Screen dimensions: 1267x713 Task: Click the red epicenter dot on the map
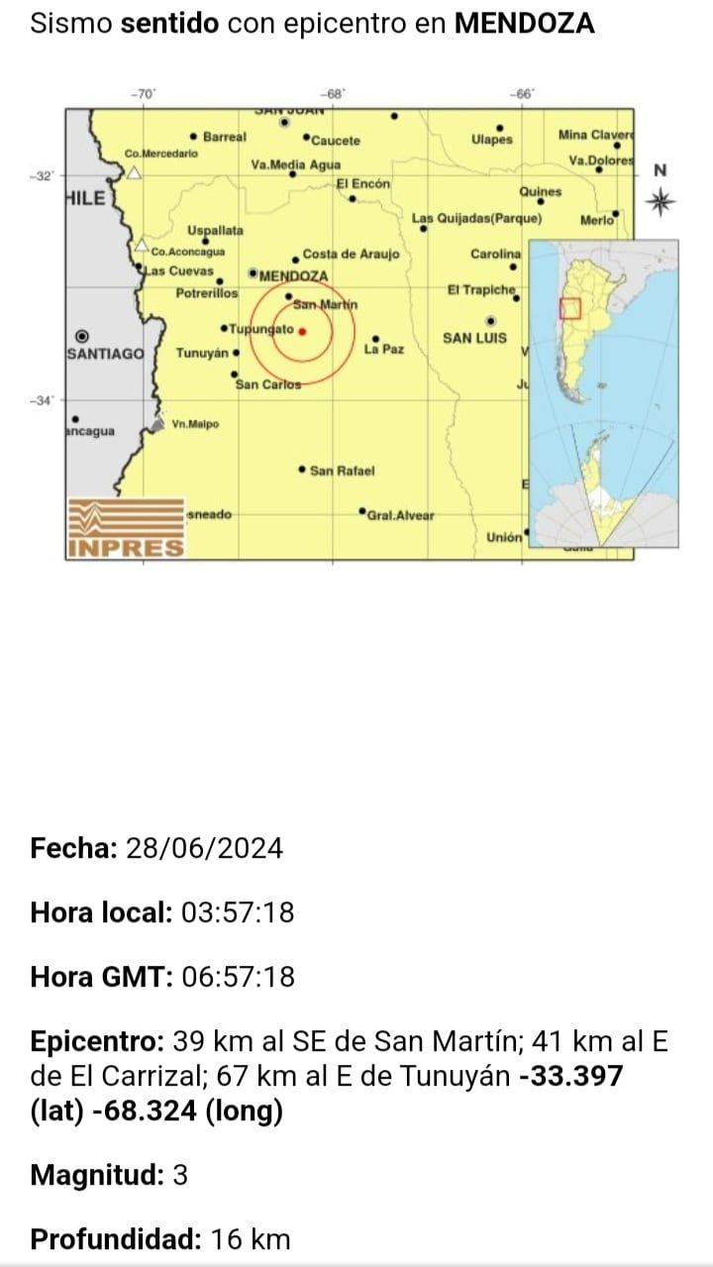[x=302, y=332]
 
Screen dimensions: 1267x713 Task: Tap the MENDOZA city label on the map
[x=293, y=275]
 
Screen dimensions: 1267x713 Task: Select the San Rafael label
[x=343, y=471]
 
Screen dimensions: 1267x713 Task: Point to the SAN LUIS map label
[x=474, y=338]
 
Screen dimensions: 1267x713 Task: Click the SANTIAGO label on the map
[x=106, y=354]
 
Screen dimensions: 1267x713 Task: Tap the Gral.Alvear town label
[x=400, y=515]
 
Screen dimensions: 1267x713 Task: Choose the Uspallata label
[x=215, y=231]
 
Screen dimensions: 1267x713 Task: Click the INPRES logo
[x=126, y=528]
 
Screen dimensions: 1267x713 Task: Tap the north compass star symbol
[x=661, y=202]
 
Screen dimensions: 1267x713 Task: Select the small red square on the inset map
[x=569, y=309]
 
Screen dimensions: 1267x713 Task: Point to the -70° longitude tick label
[x=144, y=93]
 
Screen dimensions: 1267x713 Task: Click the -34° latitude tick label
[x=45, y=400]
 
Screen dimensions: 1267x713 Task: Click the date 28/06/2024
[x=204, y=849]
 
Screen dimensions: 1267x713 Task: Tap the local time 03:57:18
[x=238, y=912]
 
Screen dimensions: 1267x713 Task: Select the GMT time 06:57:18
[x=239, y=977]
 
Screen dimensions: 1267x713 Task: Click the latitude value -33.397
[x=571, y=1076]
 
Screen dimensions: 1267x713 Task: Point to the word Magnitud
[x=95, y=1176]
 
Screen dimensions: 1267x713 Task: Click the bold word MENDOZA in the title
[x=524, y=24]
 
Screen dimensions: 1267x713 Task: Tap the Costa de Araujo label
[x=351, y=255]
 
